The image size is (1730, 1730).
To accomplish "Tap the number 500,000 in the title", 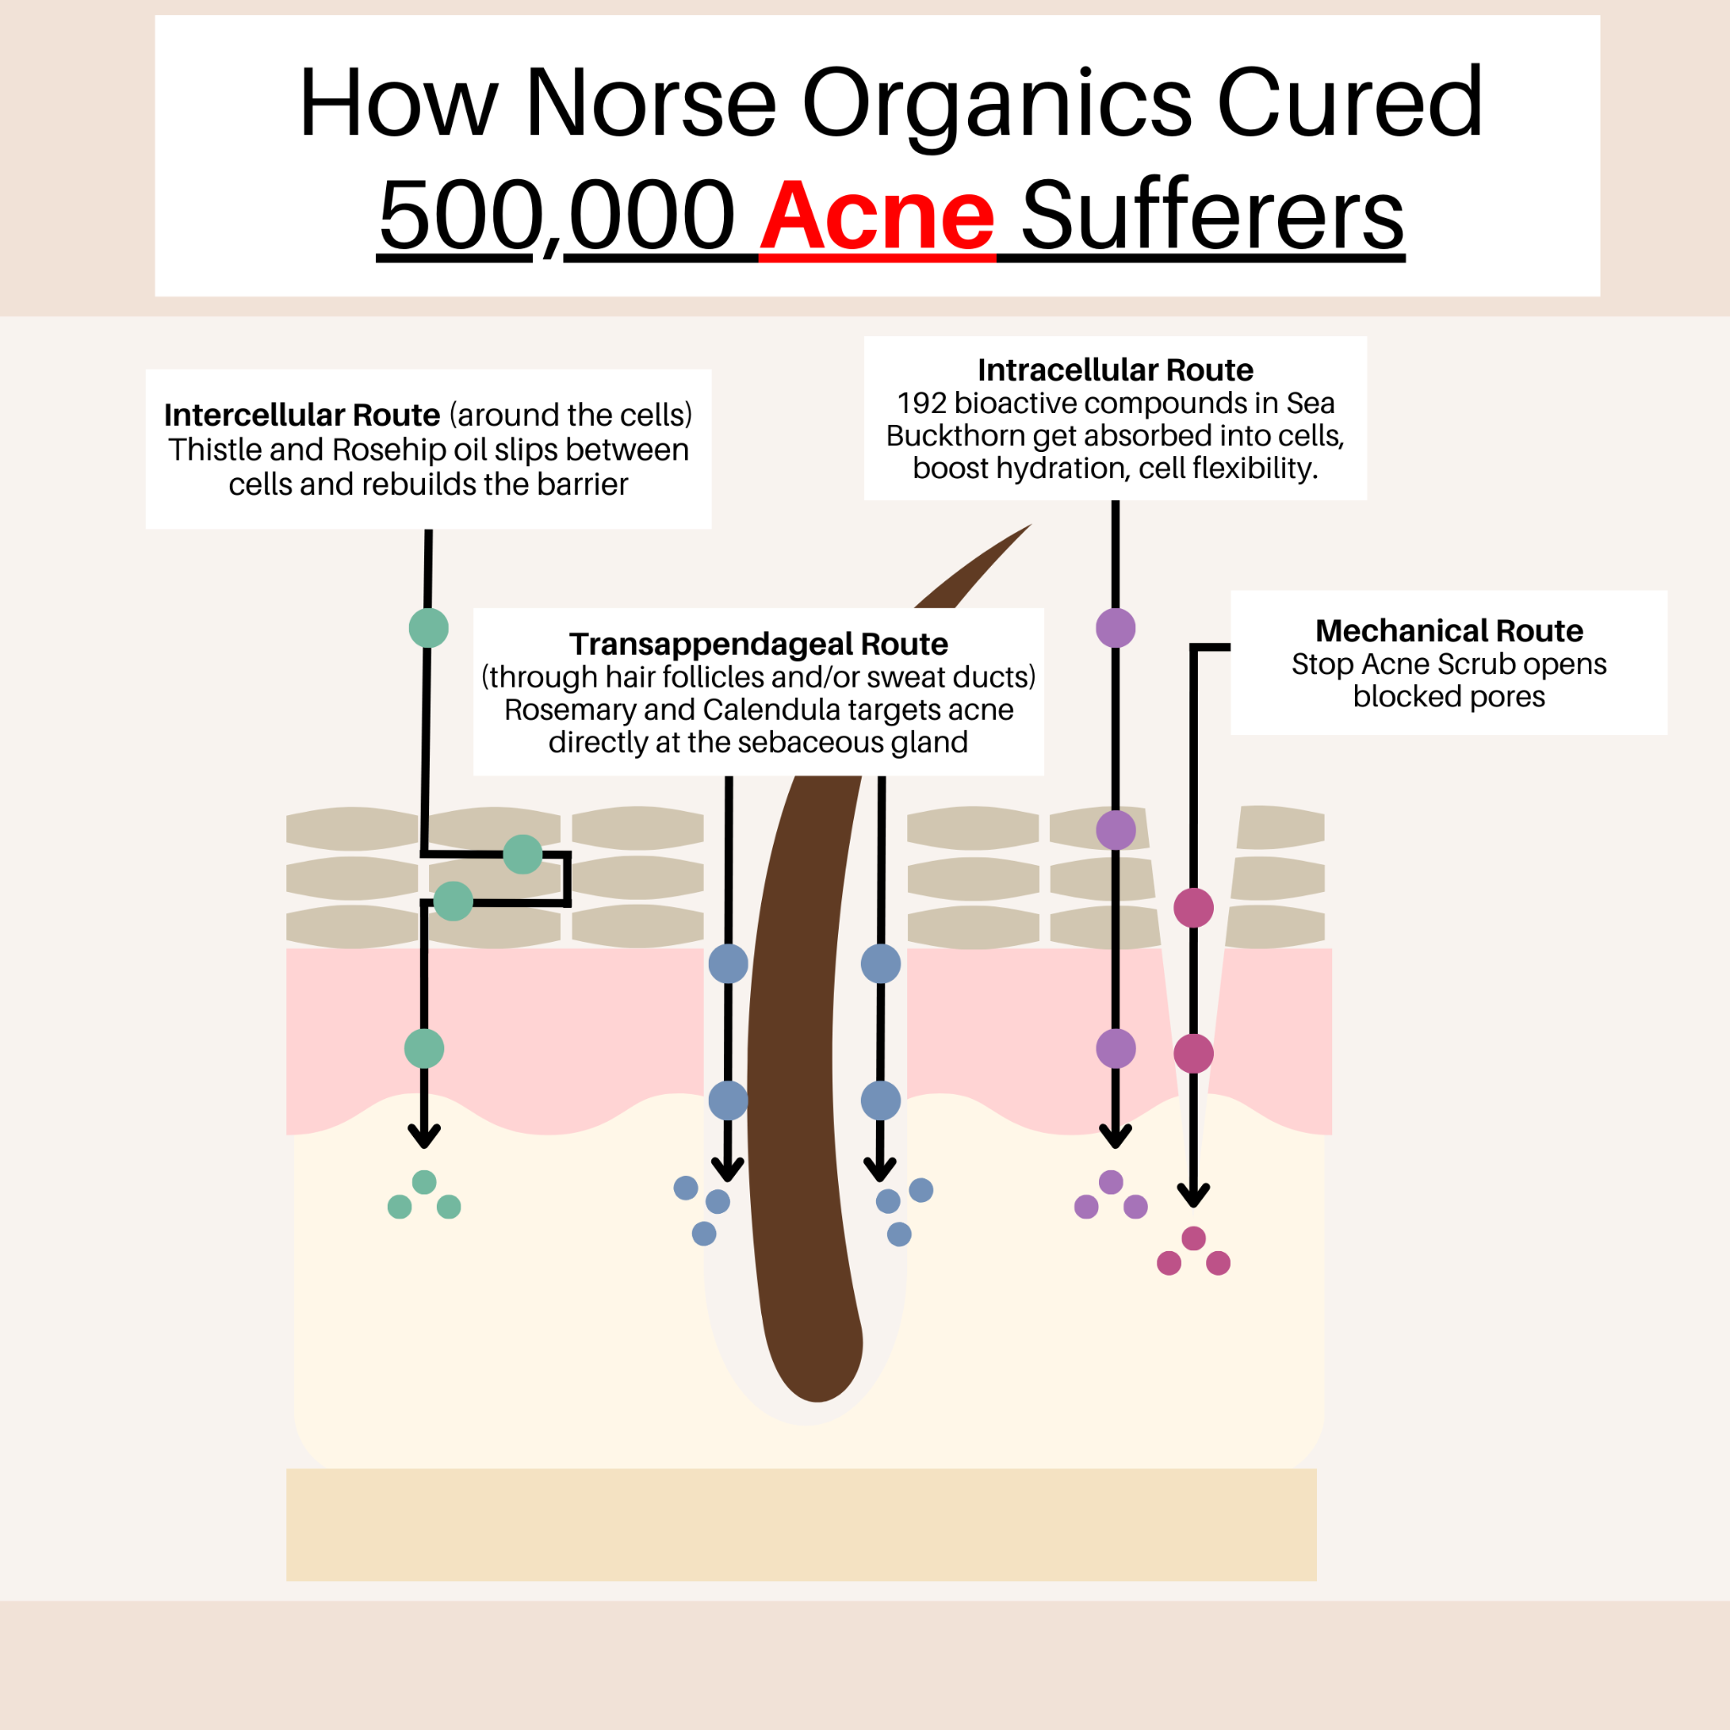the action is pos(556,217).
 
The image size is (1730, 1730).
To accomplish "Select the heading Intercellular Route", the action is pos(302,415).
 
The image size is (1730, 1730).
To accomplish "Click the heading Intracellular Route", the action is pos(1115,370).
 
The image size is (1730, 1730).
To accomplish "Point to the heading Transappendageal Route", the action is pos(759,644).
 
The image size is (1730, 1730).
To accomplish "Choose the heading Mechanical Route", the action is pos(1449,630).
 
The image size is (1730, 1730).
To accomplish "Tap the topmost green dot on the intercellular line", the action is pos(428,628).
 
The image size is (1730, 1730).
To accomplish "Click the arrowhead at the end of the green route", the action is pos(423,1135).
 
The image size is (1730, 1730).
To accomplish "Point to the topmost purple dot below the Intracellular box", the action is pos(1116,628).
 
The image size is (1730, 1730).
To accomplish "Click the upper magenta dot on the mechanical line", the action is pos(1194,908).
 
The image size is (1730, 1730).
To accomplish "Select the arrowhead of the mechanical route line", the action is pos(1194,1194).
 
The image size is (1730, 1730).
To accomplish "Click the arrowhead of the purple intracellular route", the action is pos(1115,1135).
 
